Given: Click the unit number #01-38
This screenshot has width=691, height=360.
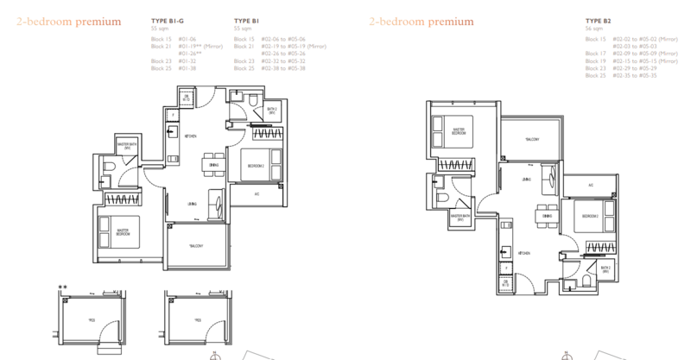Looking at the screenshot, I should pyautogui.click(x=187, y=68).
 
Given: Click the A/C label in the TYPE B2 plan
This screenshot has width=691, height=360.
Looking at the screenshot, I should pyautogui.click(x=590, y=185).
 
